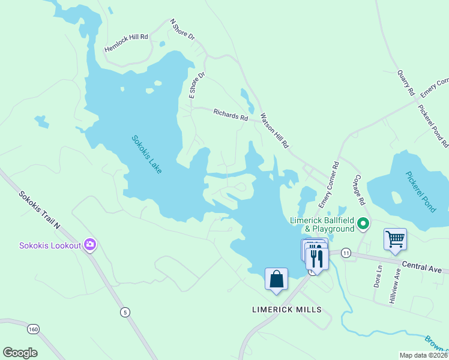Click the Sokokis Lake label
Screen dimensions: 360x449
click(x=147, y=155)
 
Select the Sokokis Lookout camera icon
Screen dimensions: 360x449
click(x=91, y=245)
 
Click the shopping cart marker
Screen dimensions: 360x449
click(x=395, y=239)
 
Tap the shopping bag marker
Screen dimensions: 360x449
click(x=276, y=279)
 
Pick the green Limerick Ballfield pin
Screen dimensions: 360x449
click(x=363, y=224)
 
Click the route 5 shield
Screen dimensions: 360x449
click(x=125, y=311)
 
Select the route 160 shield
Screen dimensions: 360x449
click(x=33, y=329)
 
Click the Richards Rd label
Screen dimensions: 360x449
click(x=231, y=115)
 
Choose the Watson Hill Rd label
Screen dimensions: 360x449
click(x=274, y=130)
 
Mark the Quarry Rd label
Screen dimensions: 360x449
click(x=406, y=83)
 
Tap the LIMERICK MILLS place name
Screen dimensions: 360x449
click(x=286, y=310)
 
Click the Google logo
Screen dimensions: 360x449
click(x=20, y=352)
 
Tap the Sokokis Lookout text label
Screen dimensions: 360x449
click(x=49, y=245)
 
